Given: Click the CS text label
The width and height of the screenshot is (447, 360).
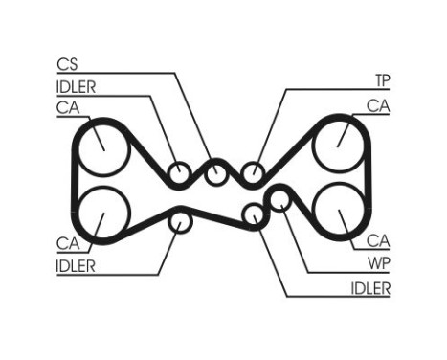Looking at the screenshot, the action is pos(67,65).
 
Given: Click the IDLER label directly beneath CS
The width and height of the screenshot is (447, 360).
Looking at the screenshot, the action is pos(77,87).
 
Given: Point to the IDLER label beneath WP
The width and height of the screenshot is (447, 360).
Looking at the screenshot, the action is pos(370,287).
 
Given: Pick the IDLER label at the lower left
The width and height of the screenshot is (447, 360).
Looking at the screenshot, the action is pos(77,266).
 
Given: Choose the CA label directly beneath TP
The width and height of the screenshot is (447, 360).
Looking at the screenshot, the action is pos(379,105).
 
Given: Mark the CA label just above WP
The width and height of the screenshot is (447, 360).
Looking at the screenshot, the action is pos(378,240).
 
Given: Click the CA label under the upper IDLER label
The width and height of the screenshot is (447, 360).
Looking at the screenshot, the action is pos(67,108).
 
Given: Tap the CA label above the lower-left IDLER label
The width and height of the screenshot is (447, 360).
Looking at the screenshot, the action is pos(67,244).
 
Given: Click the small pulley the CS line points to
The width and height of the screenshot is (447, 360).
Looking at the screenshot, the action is pos(216,174).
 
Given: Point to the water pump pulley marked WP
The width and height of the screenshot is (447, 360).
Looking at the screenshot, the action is pos(278,199).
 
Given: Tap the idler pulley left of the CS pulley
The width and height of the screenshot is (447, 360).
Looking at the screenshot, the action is pos(179,174).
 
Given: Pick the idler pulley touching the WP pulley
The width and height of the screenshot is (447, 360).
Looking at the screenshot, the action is pos(253,214).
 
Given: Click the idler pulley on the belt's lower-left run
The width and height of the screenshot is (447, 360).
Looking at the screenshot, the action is pos(179,221).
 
